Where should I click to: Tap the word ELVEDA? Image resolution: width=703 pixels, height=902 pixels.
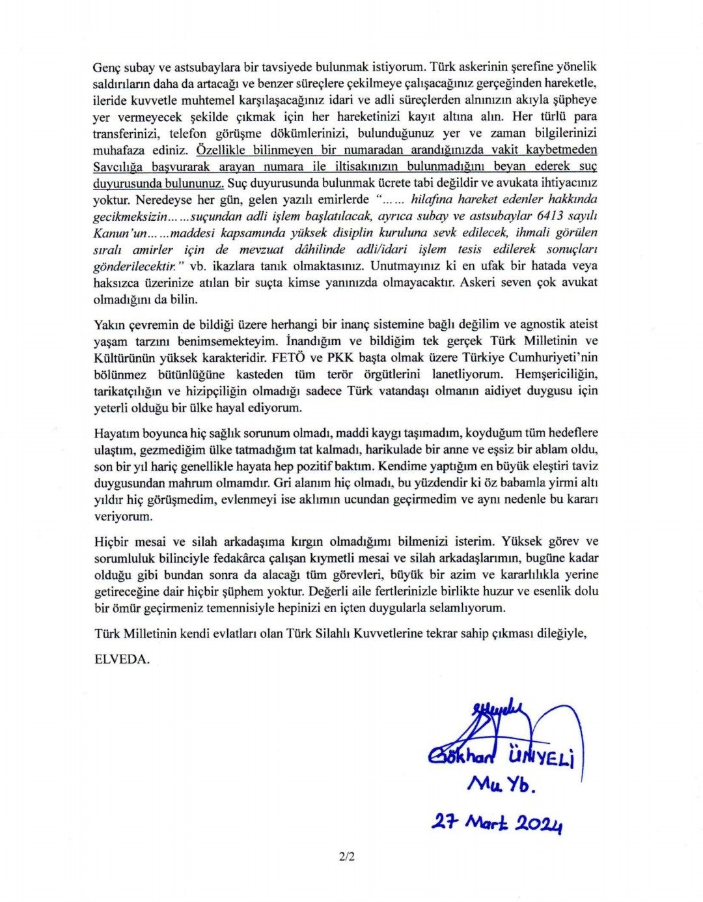pos(122,659)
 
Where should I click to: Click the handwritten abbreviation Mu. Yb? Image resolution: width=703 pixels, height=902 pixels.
pos(500,785)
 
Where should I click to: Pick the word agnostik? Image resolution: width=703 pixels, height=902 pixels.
pos(535,324)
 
